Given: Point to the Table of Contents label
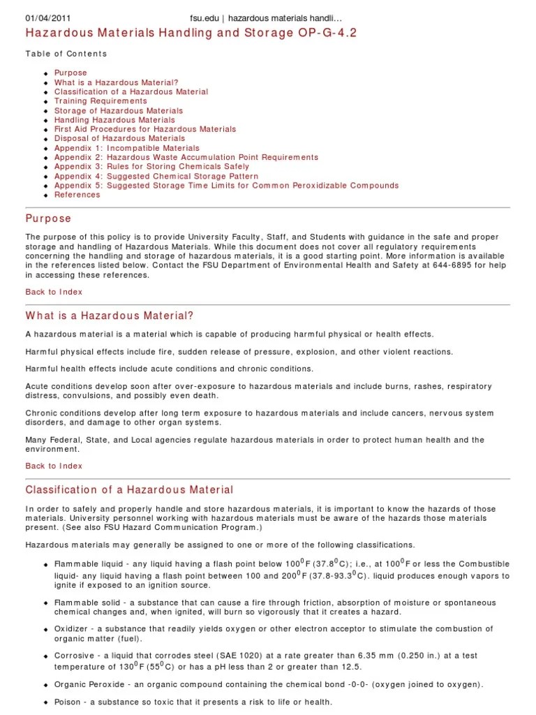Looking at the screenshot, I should [x=66, y=54].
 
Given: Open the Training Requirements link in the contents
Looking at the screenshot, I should [x=100, y=101].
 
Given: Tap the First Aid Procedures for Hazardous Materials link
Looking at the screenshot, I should [x=145, y=129].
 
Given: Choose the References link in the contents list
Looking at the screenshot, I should [x=77, y=195].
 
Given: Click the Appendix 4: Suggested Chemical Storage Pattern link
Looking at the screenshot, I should [x=156, y=176].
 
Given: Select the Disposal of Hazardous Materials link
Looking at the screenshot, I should [x=119, y=138].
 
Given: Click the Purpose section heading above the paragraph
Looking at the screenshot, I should [x=48, y=219].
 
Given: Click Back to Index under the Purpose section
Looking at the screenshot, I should [x=54, y=292].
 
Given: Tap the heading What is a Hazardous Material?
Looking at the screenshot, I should [x=109, y=316].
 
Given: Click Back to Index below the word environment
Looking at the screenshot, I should [x=54, y=466].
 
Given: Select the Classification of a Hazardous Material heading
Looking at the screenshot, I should [x=129, y=490].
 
